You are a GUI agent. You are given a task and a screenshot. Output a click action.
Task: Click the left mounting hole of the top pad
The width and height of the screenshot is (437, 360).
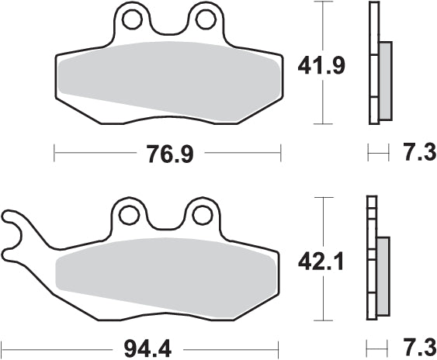tap(132, 17)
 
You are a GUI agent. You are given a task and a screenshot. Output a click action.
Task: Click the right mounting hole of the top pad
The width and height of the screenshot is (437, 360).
tap(205, 17)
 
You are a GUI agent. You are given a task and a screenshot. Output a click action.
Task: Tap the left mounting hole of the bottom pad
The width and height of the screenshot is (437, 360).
tap(129, 213)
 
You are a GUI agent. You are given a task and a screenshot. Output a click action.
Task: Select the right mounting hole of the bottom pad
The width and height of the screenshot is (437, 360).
tap(201, 213)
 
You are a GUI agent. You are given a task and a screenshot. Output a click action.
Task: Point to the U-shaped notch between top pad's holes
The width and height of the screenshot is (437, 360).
tap(168, 27)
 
